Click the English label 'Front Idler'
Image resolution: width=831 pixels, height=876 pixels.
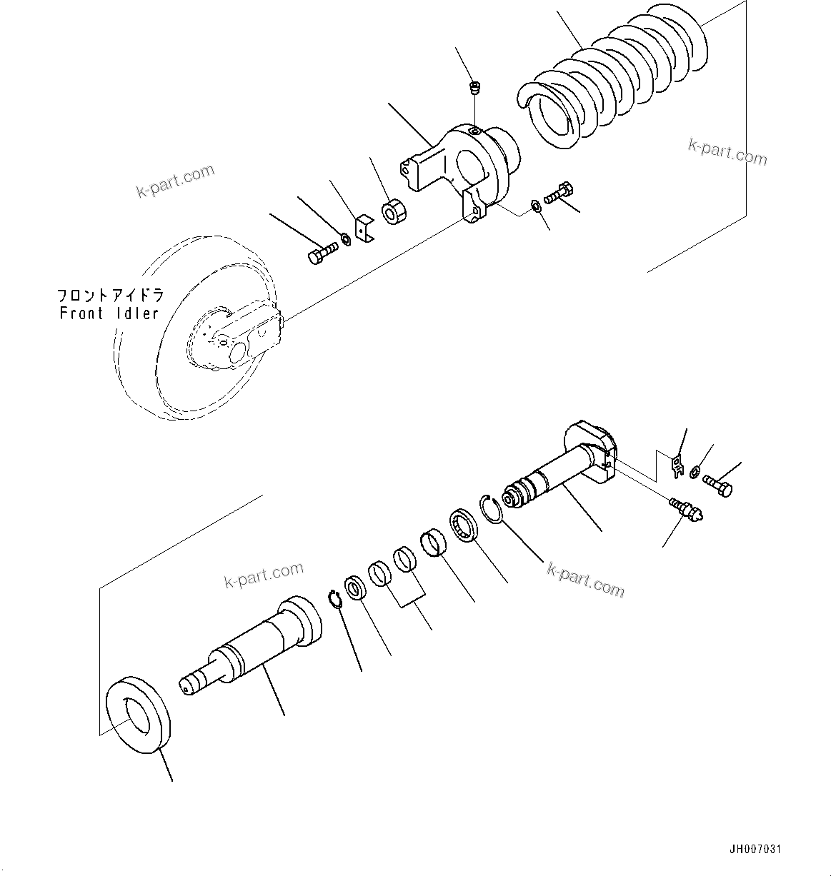(x=109, y=313)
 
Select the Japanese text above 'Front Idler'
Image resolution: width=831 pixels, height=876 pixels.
(x=110, y=295)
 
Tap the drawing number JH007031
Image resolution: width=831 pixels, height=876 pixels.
(x=755, y=850)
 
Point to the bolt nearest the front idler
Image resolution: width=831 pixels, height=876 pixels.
(x=322, y=253)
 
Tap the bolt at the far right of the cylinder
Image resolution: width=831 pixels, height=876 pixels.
(x=718, y=485)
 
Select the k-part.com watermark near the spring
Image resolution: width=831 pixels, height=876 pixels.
(x=727, y=151)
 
